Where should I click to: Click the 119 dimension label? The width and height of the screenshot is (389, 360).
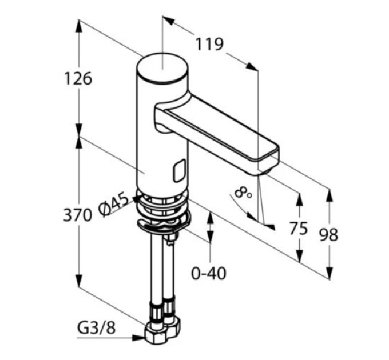[x=209, y=45]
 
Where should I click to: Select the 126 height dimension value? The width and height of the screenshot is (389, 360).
[x=78, y=78]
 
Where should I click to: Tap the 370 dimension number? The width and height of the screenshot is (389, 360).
[x=78, y=214]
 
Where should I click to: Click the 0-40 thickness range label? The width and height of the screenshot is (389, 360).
[x=209, y=273]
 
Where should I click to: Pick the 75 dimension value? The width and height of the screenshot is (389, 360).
[x=299, y=228]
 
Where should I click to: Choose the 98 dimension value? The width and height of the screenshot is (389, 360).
[x=328, y=235]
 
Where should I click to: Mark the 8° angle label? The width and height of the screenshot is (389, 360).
[x=243, y=193]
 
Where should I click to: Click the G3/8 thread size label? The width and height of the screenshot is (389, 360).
[x=96, y=329]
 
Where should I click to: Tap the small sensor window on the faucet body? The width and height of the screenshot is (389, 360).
[x=180, y=171]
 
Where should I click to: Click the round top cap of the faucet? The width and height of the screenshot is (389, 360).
[x=162, y=67]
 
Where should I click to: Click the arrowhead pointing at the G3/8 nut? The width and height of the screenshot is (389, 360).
[x=138, y=338]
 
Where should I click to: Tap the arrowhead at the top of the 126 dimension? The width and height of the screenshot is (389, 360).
[x=79, y=26]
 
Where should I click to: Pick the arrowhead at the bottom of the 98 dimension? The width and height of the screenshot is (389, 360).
[x=330, y=273]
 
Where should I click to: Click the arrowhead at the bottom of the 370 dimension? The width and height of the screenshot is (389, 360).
[x=79, y=281]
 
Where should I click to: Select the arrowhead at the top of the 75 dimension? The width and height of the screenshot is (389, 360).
[x=299, y=199]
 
